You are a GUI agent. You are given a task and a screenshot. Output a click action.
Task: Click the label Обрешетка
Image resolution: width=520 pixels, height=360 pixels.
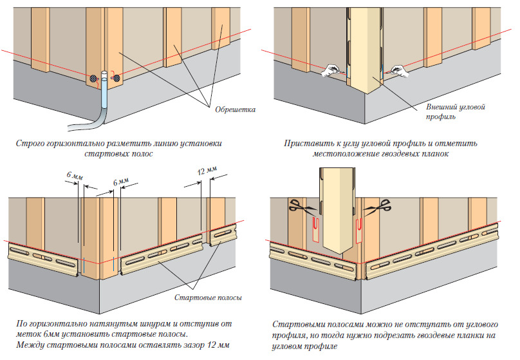230,109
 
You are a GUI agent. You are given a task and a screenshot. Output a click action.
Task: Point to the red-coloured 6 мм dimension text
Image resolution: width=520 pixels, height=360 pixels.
74,174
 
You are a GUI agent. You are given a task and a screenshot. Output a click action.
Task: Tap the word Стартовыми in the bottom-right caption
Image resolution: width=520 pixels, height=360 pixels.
299,324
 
